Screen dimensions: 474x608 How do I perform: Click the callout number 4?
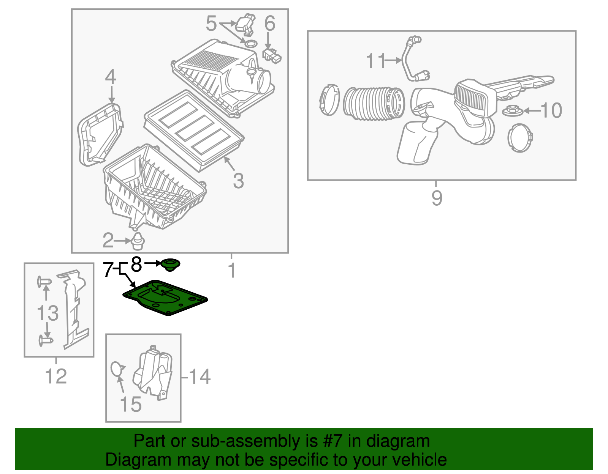pyautogui.click(x=110, y=77)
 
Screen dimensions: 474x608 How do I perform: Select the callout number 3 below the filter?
pyautogui.click(x=238, y=181)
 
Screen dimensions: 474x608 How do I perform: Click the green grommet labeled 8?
pyautogui.click(x=170, y=265)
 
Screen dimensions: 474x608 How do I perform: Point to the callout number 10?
pyautogui.click(x=551, y=110)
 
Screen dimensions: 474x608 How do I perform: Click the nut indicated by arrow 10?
pyautogui.click(x=513, y=111)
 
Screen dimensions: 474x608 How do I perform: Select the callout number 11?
pyautogui.click(x=375, y=61)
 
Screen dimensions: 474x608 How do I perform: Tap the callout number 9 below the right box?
pyautogui.click(x=437, y=198)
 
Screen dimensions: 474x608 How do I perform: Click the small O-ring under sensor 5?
pyautogui.click(x=249, y=43)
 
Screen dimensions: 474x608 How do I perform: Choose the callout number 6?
pyautogui.click(x=269, y=24)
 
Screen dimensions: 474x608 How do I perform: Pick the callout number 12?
pyautogui.click(x=56, y=376)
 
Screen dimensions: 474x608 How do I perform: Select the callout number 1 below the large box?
pyautogui.click(x=231, y=271)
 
